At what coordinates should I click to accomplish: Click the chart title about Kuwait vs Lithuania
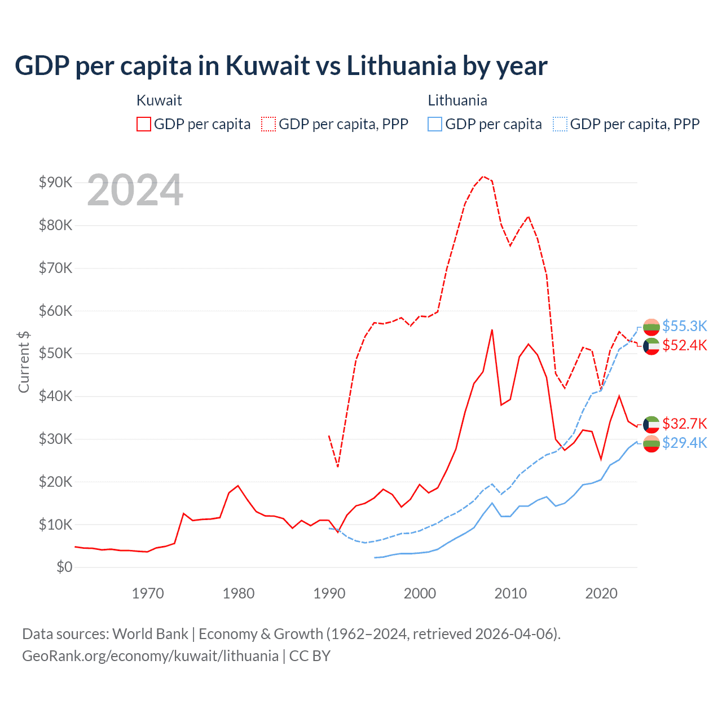(x=281, y=66)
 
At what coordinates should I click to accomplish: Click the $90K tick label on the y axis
(x=55, y=182)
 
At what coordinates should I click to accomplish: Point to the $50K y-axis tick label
(x=55, y=353)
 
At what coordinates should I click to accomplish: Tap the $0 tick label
(x=64, y=567)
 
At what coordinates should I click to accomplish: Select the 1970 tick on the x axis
(x=148, y=593)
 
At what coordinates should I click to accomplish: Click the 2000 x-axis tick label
(x=420, y=593)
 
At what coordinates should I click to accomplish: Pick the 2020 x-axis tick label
(x=601, y=593)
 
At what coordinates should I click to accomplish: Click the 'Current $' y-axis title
(x=24, y=361)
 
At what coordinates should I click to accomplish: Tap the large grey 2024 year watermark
(x=135, y=191)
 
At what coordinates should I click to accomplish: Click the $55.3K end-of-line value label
(x=684, y=326)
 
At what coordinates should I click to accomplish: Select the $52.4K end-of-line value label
(x=684, y=345)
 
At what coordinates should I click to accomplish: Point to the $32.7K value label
(x=684, y=424)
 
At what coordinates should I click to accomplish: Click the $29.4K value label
(x=684, y=443)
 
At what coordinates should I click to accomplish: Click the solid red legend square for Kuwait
(x=144, y=124)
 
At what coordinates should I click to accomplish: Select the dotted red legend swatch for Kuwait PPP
(x=268, y=124)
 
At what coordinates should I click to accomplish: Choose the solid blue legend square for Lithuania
(x=435, y=124)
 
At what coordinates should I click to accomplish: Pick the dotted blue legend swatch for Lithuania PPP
(x=560, y=124)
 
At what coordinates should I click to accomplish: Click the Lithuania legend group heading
(x=457, y=100)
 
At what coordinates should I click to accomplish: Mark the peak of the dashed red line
(x=483, y=176)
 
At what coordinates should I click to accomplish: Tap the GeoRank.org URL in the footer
(x=150, y=656)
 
